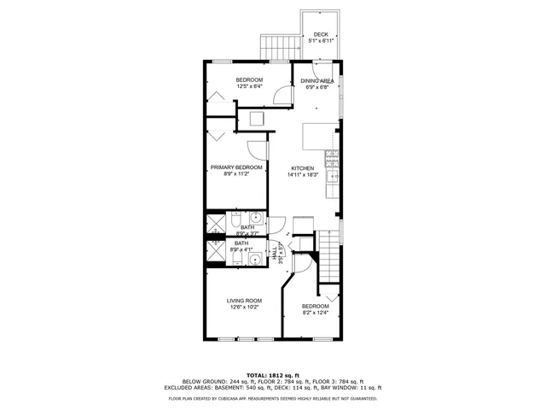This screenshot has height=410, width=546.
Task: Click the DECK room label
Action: (x=320, y=34)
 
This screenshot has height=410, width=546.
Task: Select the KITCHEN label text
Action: (x=303, y=168)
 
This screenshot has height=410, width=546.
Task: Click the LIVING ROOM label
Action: (x=243, y=301)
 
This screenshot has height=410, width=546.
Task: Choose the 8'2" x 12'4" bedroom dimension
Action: (x=315, y=313)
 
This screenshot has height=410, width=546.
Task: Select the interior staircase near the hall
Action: (x=328, y=256)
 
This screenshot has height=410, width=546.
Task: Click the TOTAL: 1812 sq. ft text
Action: (x=272, y=375)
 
